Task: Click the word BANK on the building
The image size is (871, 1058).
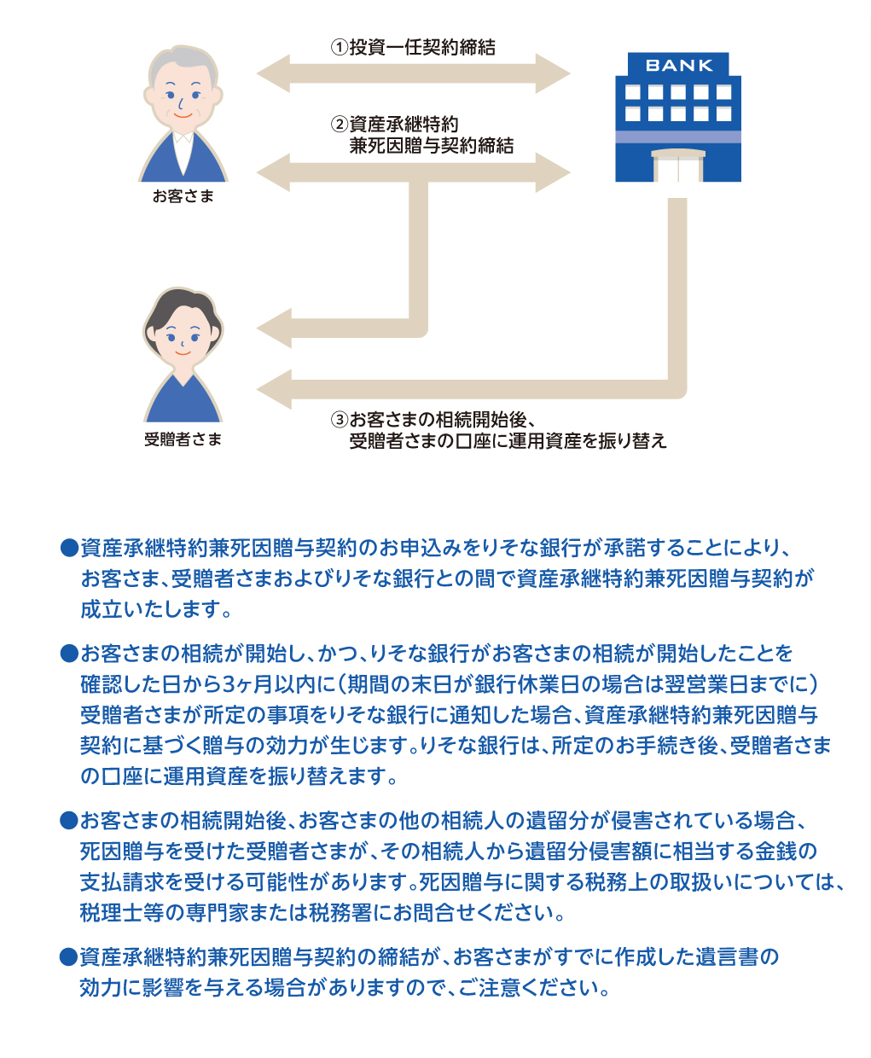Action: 679,65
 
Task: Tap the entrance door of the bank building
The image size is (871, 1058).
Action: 678,166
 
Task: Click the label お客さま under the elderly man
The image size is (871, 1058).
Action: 183,195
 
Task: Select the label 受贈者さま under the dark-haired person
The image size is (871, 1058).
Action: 183,439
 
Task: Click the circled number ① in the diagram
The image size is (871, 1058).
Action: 340,47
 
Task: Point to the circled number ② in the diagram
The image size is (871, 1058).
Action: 340,124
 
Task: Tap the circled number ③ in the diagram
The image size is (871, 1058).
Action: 340,419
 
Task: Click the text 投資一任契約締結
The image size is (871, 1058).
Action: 422,47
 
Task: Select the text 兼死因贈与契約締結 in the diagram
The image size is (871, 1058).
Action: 432,146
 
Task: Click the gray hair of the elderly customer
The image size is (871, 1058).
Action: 184,58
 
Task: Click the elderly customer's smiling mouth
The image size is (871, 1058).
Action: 183,116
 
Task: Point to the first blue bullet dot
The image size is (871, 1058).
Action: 70,549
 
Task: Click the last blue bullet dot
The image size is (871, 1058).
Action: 69,956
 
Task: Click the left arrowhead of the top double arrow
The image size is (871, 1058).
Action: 274,73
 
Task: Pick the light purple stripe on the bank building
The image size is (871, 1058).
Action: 678,137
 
